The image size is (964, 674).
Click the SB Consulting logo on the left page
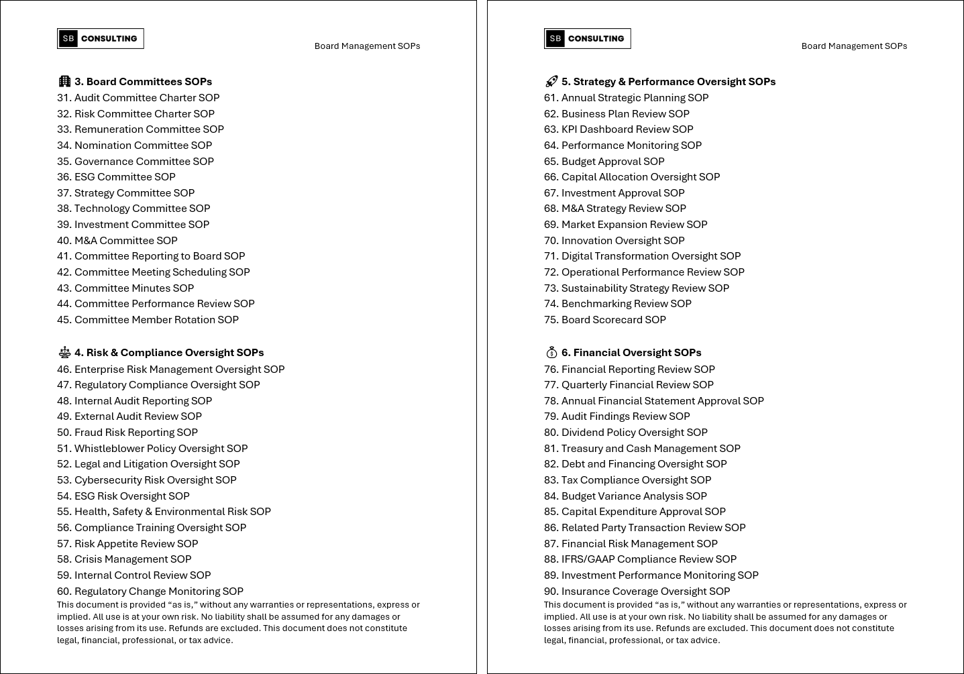click(x=101, y=39)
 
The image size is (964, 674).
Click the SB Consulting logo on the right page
click(x=587, y=39)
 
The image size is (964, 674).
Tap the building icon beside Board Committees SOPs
click(x=64, y=81)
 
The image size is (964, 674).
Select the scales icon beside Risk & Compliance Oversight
click(x=64, y=352)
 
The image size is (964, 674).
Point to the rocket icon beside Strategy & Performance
click(x=551, y=81)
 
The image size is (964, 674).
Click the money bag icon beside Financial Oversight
click(x=551, y=352)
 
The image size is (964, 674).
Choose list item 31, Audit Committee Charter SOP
click(x=138, y=97)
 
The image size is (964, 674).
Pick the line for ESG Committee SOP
click(x=116, y=177)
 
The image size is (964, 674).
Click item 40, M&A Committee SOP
click(x=117, y=240)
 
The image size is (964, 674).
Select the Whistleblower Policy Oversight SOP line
click(x=152, y=448)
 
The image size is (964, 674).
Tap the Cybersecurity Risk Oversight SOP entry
click(x=147, y=480)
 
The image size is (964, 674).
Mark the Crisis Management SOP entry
click(x=124, y=559)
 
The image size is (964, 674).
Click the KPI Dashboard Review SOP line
click(x=619, y=129)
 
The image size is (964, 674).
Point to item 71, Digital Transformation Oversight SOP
click(x=642, y=256)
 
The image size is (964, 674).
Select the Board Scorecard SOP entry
click(x=605, y=320)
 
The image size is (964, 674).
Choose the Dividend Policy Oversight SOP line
click(x=626, y=433)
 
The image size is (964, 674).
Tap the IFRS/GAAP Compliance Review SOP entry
click(x=640, y=559)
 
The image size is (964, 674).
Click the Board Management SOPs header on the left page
click(x=367, y=46)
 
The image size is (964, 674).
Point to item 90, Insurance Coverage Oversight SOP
click(x=637, y=592)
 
